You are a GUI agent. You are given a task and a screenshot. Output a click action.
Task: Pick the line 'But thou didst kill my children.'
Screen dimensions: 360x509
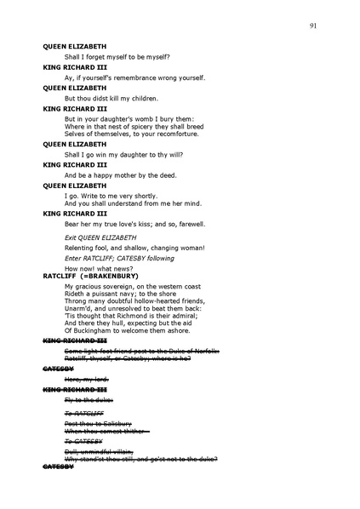111,98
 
